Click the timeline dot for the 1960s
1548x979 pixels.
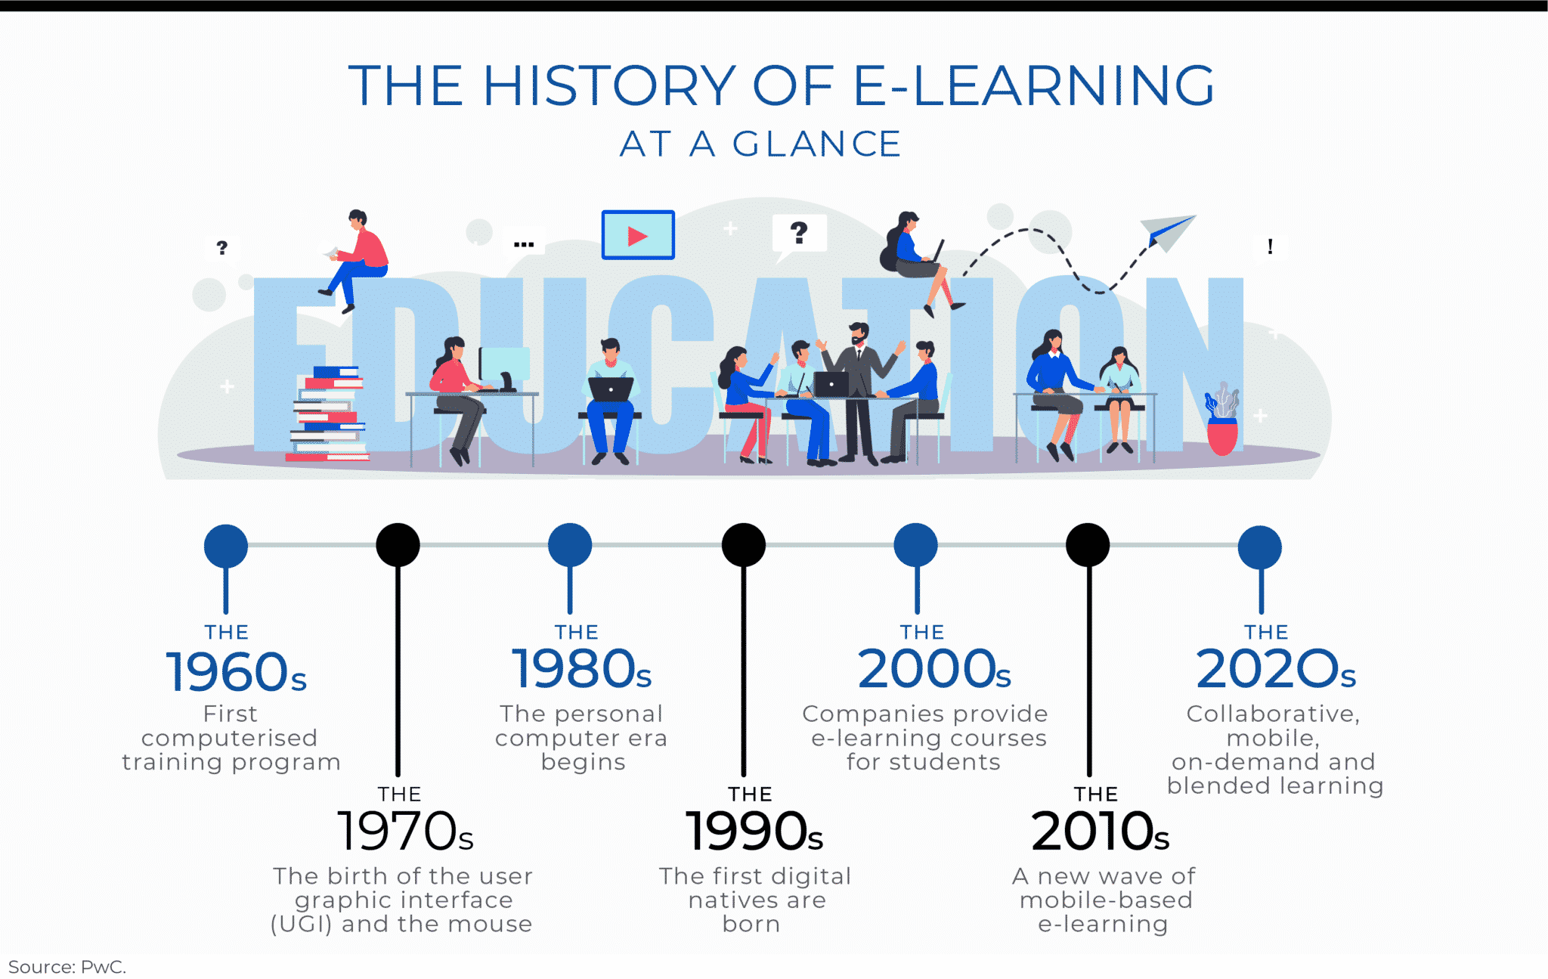pos(226,546)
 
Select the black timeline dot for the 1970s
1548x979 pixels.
pos(398,545)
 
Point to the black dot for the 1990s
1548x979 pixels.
pos(744,545)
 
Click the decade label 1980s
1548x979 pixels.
pos(581,670)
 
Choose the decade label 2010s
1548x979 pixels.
pos(1100,832)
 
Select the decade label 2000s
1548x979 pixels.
pos(934,670)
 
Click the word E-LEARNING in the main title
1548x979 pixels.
pos(1034,85)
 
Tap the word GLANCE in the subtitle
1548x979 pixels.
pos(816,144)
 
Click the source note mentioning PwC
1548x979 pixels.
pos(67,967)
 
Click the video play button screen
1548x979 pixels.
pos(638,235)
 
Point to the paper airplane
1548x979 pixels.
pos(1167,231)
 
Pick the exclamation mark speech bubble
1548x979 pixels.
pos(1270,246)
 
